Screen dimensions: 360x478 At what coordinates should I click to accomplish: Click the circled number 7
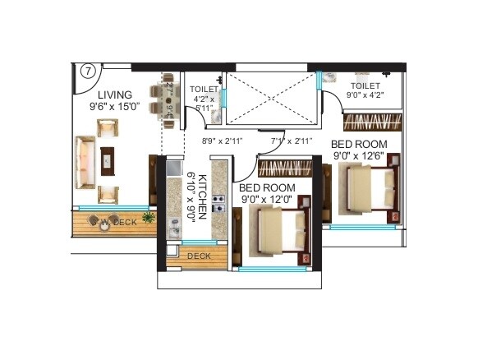86,71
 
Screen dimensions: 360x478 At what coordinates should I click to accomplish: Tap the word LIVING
108,95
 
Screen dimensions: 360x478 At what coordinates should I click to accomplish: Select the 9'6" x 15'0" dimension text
114,106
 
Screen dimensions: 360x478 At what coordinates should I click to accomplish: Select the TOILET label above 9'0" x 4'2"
365,85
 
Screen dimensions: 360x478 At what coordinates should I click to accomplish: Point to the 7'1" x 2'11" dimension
292,141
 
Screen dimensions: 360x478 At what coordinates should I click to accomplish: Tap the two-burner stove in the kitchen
219,203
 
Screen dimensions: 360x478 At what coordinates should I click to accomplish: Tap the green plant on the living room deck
149,217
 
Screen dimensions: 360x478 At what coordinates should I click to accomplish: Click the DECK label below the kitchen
199,256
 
